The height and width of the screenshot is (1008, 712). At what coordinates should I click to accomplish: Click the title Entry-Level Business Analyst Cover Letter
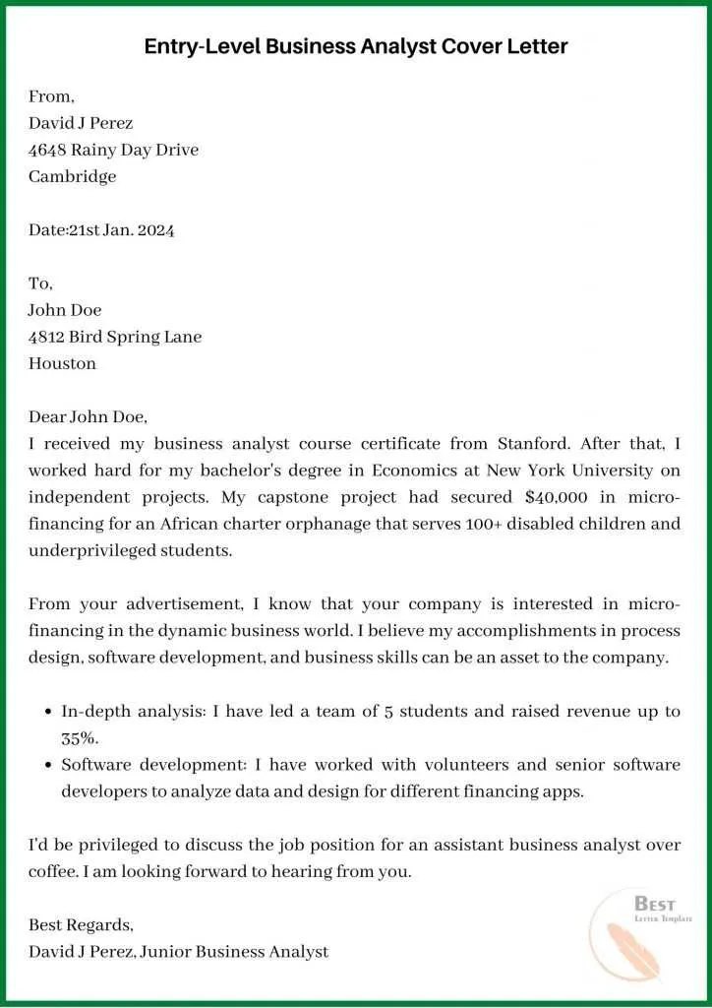tap(356, 46)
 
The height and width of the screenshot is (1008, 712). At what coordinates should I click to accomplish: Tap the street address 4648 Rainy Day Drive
tap(113, 150)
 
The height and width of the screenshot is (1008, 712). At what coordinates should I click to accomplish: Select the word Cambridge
tap(72, 176)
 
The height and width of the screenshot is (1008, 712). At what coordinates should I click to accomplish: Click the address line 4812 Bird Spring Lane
tap(115, 337)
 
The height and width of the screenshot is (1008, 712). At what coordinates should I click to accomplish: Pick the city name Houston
tap(62, 363)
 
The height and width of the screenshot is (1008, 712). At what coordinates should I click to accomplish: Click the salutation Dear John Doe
tap(88, 416)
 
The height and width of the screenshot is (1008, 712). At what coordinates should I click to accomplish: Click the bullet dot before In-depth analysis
tap(49, 711)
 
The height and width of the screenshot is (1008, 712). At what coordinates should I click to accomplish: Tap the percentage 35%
tap(80, 737)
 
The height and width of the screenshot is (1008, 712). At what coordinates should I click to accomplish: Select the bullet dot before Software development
tap(49, 765)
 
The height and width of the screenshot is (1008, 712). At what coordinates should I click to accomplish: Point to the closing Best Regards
tap(81, 925)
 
